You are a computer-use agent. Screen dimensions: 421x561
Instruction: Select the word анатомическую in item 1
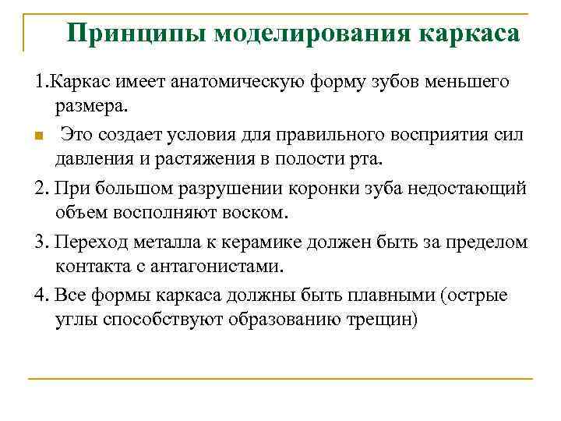[x=230, y=82]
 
